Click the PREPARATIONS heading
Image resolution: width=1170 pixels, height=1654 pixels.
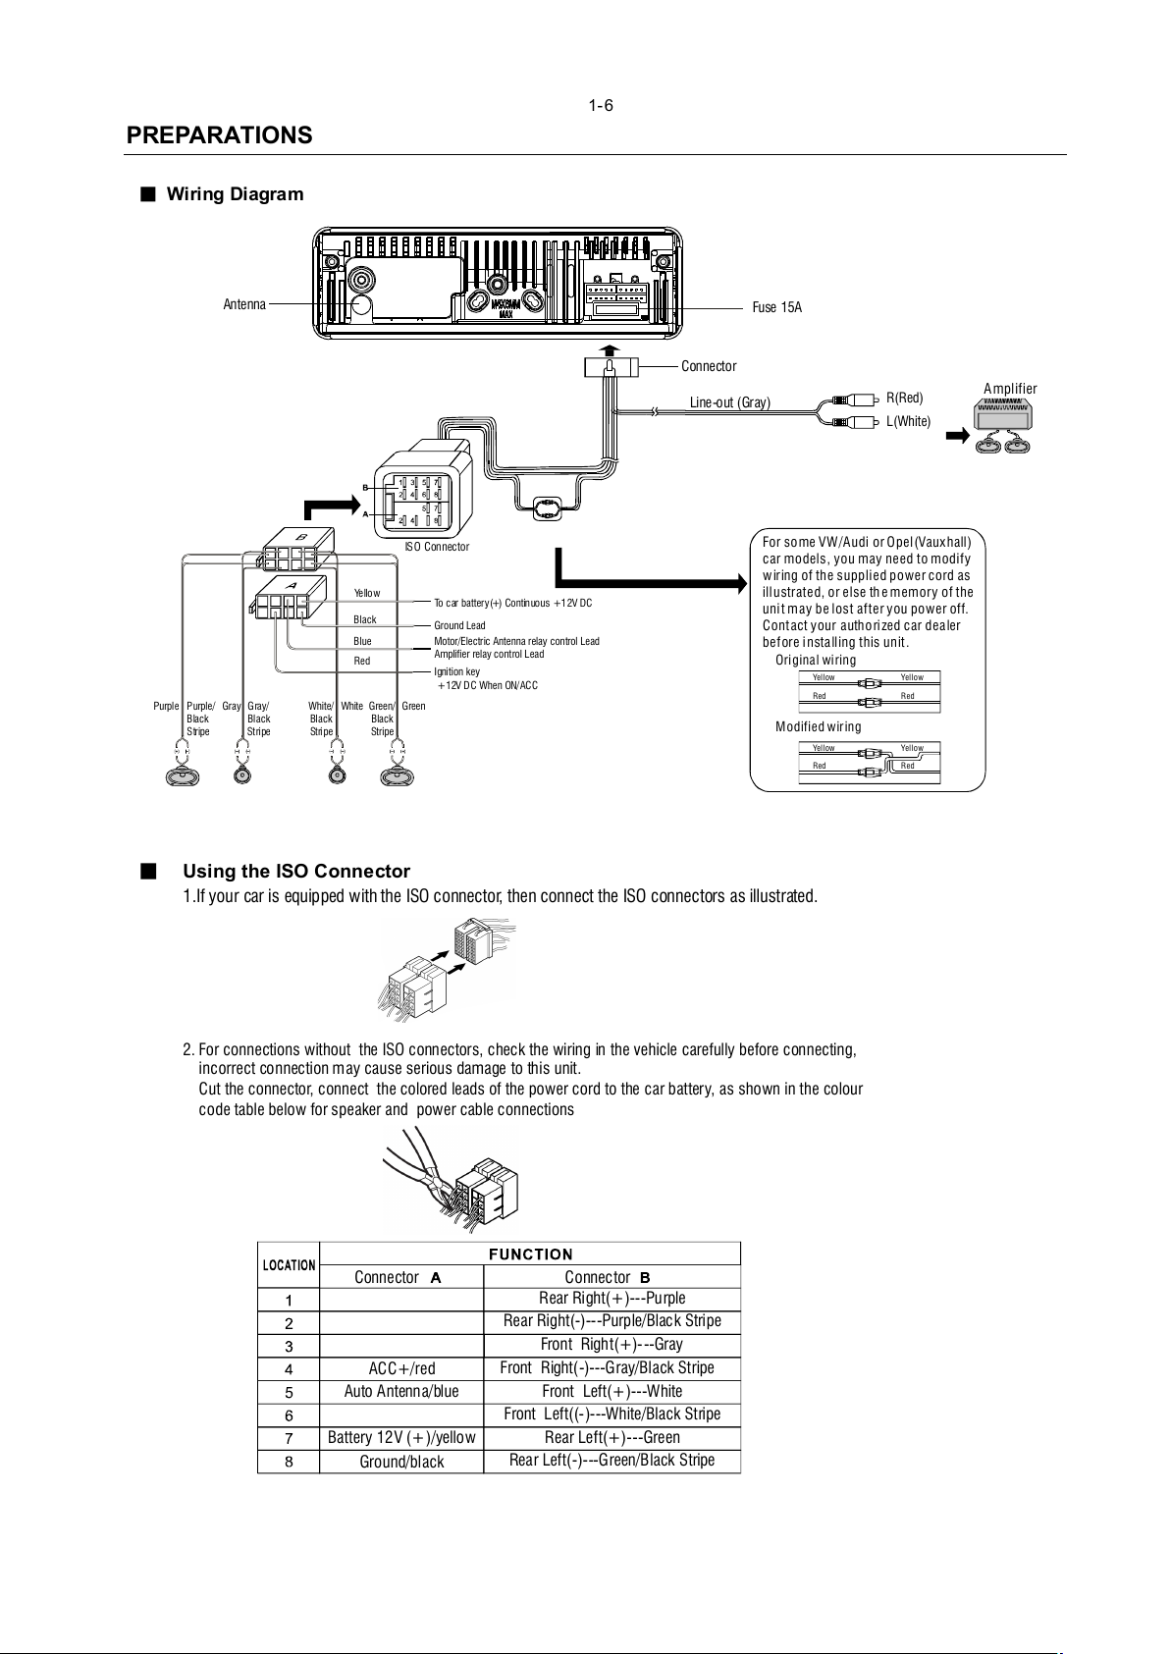click(219, 135)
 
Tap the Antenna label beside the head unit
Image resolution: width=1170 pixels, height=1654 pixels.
click(244, 304)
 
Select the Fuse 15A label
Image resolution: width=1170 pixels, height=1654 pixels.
click(776, 307)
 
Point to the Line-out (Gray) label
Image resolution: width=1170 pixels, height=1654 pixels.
click(729, 402)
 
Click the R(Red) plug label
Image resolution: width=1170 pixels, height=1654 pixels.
click(904, 398)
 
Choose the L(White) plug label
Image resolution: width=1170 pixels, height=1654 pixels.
click(908, 422)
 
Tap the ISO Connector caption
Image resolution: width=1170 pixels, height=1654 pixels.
click(437, 547)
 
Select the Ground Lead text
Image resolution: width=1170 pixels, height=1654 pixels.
click(459, 625)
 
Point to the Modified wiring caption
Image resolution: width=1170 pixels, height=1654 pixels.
click(818, 726)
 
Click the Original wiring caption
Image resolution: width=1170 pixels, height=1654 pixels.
click(815, 660)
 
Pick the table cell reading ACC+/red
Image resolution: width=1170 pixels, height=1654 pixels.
click(401, 1368)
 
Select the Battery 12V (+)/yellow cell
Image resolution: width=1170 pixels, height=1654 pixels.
click(401, 1438)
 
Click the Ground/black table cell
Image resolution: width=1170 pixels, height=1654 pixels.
click(401, 1462)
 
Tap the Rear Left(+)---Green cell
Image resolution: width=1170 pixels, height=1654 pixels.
click(612, 1438)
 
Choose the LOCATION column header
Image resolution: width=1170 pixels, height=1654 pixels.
click(289, 1265)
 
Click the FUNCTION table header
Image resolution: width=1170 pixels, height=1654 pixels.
click(530, 1254)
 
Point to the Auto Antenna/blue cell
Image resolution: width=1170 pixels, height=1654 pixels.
click(401, 1392)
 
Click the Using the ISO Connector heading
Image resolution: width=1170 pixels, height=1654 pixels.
click(296, 872)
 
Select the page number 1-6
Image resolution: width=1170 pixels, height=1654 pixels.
click(601, 106)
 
